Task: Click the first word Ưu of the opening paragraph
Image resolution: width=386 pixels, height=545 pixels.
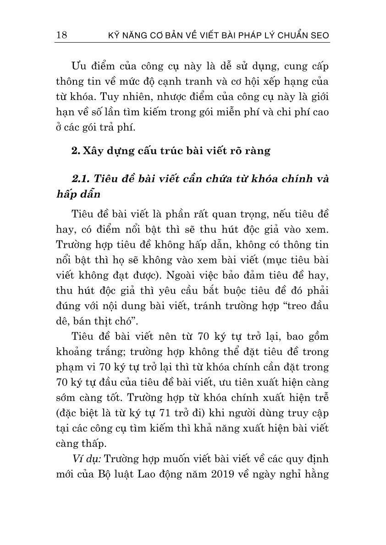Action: point(79,66)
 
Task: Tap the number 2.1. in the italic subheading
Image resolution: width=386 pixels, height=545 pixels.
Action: point(82,179)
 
